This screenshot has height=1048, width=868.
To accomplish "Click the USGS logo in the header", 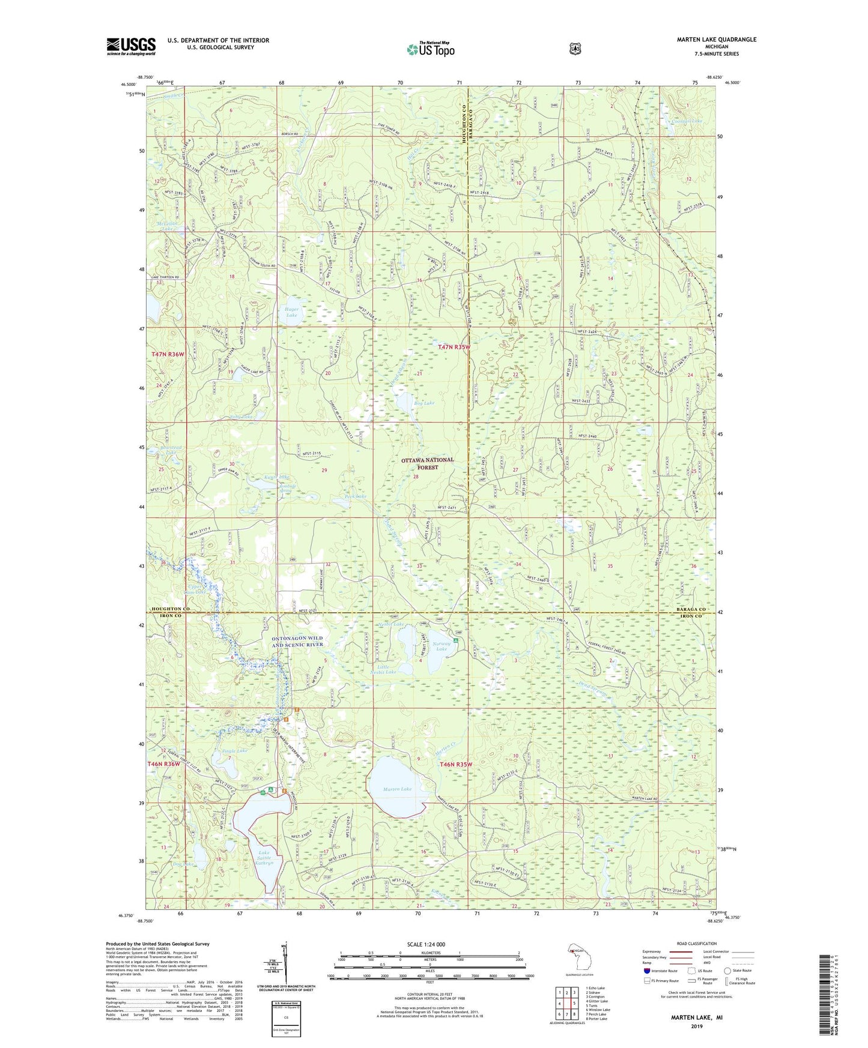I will tap(131, 46).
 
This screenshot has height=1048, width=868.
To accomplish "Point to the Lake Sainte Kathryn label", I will tap(265, 857).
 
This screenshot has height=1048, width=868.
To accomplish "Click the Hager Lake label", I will tap(291, 312).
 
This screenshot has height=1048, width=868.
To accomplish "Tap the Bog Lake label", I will tap(423, 403).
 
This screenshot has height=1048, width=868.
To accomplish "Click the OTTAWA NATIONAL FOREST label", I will tap(428, 463).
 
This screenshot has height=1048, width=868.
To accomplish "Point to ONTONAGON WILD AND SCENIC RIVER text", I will tap(297, 642).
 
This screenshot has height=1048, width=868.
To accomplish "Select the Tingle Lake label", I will tap(234, 751).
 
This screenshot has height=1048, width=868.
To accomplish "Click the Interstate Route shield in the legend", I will tap(647, 971).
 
